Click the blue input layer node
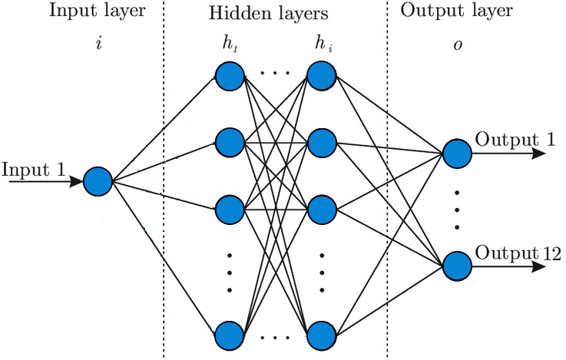click(x=98, y=181)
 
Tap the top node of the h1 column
click(x=229, y=75)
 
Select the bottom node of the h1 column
click(x=229, y=335)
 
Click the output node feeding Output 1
click(x=455, y=153)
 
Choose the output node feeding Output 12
click(x=455, y=266)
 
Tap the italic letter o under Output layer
click(x=456, y=44)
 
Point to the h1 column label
click(x=230, y=44)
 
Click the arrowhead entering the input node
click(x=75, y=182)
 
